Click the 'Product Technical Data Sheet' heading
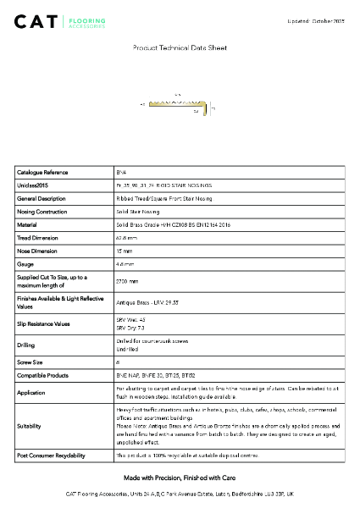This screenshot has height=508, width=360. (x=180, y=48)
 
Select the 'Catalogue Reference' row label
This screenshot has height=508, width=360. (x=42, y=173)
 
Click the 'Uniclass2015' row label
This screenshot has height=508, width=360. (x=33, y=185)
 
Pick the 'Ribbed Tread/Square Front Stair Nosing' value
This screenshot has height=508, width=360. (x=164, y=199)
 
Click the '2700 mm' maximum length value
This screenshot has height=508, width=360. (x=125, y=281)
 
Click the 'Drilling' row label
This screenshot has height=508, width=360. (x=27, y=345)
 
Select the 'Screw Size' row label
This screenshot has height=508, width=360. (x=32, y=362)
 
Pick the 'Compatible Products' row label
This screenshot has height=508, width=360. (x=45, y=374)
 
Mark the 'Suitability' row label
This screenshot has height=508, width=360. (x=30, y=427)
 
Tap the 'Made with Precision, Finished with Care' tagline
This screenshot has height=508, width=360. (x=180, y=478)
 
